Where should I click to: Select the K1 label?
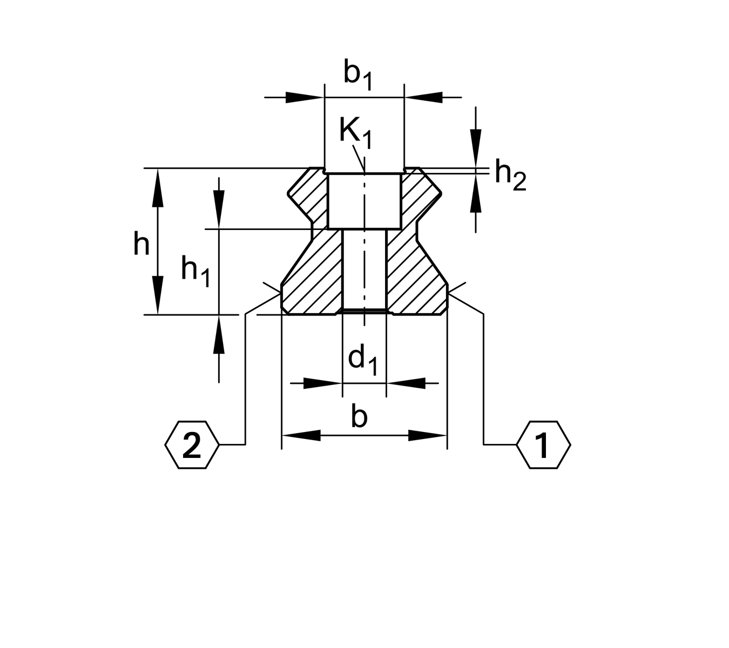coord(355,132)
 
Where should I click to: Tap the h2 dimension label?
coord(510,175)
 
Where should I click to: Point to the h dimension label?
coord(141,245)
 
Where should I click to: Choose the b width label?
coord(359,417)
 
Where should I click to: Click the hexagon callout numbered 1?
coord(543,445)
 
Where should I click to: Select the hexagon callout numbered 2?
coord(192,445)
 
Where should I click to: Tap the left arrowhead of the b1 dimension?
coord(305,97)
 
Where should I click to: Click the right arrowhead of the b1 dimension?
coord(423,97)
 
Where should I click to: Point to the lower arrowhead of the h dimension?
coord(157,295)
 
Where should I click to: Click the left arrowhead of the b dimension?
coord(301,435)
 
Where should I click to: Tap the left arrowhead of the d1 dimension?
coord(323,383)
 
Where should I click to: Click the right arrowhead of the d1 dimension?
coord(406,383)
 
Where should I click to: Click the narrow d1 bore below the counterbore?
coord(364,270)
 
